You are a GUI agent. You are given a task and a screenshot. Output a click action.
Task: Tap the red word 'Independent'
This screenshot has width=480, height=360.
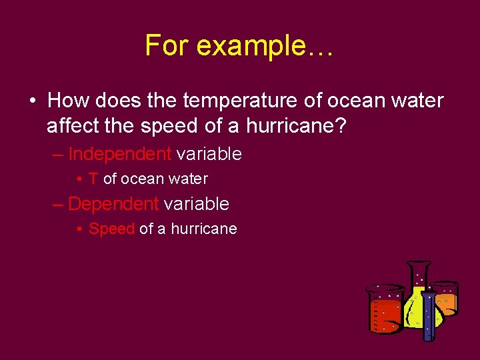(x=120, y=154)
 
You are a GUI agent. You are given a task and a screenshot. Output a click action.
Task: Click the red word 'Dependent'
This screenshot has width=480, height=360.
(x=113, y=203)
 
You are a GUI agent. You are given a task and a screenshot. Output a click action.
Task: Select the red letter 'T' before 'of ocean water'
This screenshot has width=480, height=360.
(x=93, y=179)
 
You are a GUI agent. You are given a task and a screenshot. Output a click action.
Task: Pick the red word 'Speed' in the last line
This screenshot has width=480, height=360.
(x=112, y=229)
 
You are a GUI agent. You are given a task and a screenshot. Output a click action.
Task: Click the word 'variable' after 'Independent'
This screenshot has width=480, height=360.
(x=209, y=154)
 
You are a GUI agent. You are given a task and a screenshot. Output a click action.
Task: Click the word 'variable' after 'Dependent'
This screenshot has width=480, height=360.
(x=196, y=203)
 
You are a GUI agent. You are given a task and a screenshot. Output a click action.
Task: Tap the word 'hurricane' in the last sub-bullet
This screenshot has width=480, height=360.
(x=204, y=229)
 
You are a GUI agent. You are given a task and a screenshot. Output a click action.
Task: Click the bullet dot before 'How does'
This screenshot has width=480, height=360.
(x=33, y=101)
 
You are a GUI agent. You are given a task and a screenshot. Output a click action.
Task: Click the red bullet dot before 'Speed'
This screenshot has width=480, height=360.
(x=79, y=229)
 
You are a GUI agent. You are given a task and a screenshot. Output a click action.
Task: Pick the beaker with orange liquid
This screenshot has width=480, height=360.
(x=445, y=300)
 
